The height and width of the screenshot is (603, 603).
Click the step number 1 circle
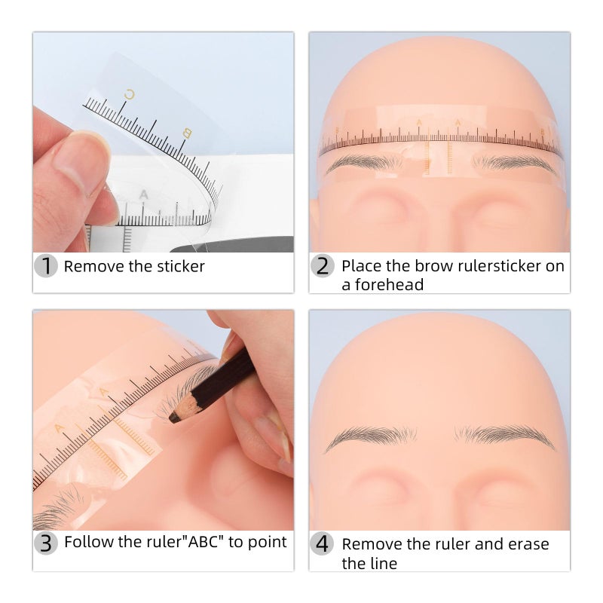pyautogui.click(x=46, y=266)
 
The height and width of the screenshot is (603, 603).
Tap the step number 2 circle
pyautogui.click(x=322, y=266)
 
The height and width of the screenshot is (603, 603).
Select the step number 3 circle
pyautogui.click(x=46, y=543)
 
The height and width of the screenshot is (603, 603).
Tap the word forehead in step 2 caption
pyautogui.click(x=382, y=285)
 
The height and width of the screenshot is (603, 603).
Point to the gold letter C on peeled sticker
pyautogui.click(x=129, y=95)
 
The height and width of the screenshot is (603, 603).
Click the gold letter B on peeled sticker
pyautogui.click(x=186, y=134)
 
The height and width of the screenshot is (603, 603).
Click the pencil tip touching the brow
pyautogui.click(x=174, y=415)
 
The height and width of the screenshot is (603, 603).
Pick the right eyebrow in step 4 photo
pyautogui.click(x=504, y=436)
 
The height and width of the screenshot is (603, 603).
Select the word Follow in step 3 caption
pyautogui.click(x=85, y=541)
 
